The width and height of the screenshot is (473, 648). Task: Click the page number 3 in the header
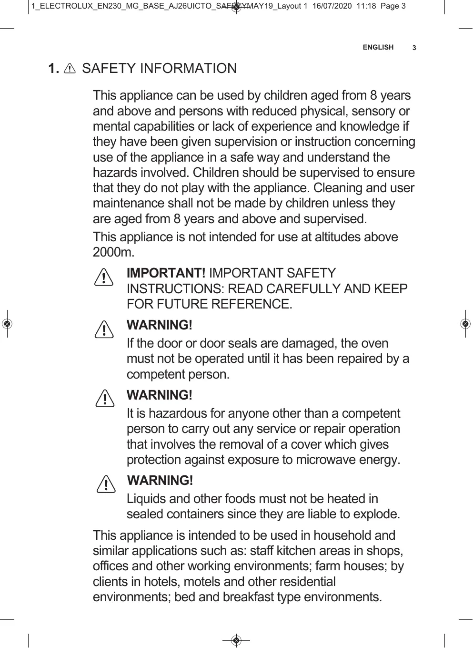[414, 48]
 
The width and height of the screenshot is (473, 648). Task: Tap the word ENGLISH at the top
[378, 47]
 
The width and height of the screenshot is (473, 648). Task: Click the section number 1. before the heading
[53, 69]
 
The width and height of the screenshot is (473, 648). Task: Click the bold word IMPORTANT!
[166, 273]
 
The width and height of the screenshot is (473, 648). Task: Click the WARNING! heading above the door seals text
[160, 325]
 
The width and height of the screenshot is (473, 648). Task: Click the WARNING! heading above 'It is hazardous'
[160, 395]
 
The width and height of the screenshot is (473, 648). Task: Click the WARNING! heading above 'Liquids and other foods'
[161, 480]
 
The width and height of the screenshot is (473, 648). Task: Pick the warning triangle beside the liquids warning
[105, 484]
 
